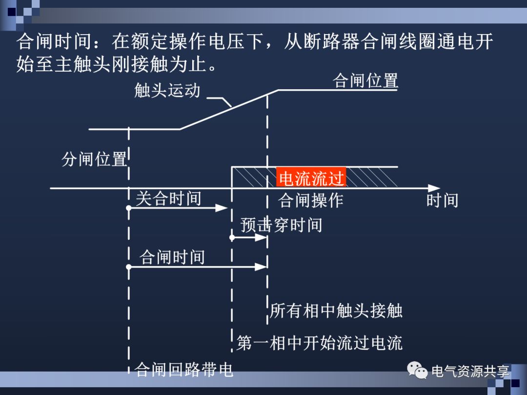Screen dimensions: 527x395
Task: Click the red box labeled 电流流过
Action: click(x=311, y=178)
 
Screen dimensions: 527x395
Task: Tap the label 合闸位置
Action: click(x=365, y=80)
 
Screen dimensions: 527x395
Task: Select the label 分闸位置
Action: click(x=94, y=159)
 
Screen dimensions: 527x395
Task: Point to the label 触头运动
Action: click(x=167, y=91)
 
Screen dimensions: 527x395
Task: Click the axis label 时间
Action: click(x=442, y=200)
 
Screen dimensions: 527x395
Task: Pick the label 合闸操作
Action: click(x=311, y=200)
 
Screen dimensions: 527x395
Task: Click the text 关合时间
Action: click(x=168, y=198)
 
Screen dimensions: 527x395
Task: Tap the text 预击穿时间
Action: click(x=282, y=225)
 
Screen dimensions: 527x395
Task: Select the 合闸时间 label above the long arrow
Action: click(x=172, y=257)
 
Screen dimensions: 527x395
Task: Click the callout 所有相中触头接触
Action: click(x=336, y=311)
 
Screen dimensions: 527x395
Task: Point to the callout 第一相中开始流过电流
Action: click(x=320, y=343)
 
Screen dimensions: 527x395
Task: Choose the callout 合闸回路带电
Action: click(x=184, y=370)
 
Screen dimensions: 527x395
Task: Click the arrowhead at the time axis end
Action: click(x=434, y=188)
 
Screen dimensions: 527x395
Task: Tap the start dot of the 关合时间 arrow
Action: click(x=129, y=208)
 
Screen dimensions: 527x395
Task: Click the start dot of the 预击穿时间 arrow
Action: click(x=232, y=238)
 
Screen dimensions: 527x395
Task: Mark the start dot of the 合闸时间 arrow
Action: click(x=129, y=267)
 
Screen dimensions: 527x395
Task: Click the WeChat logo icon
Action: click(x=418, y=372)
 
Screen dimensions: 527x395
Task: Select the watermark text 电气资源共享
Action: click(x=470, y=372)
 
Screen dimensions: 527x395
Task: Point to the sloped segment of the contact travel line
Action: click(x=229, y=110)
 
